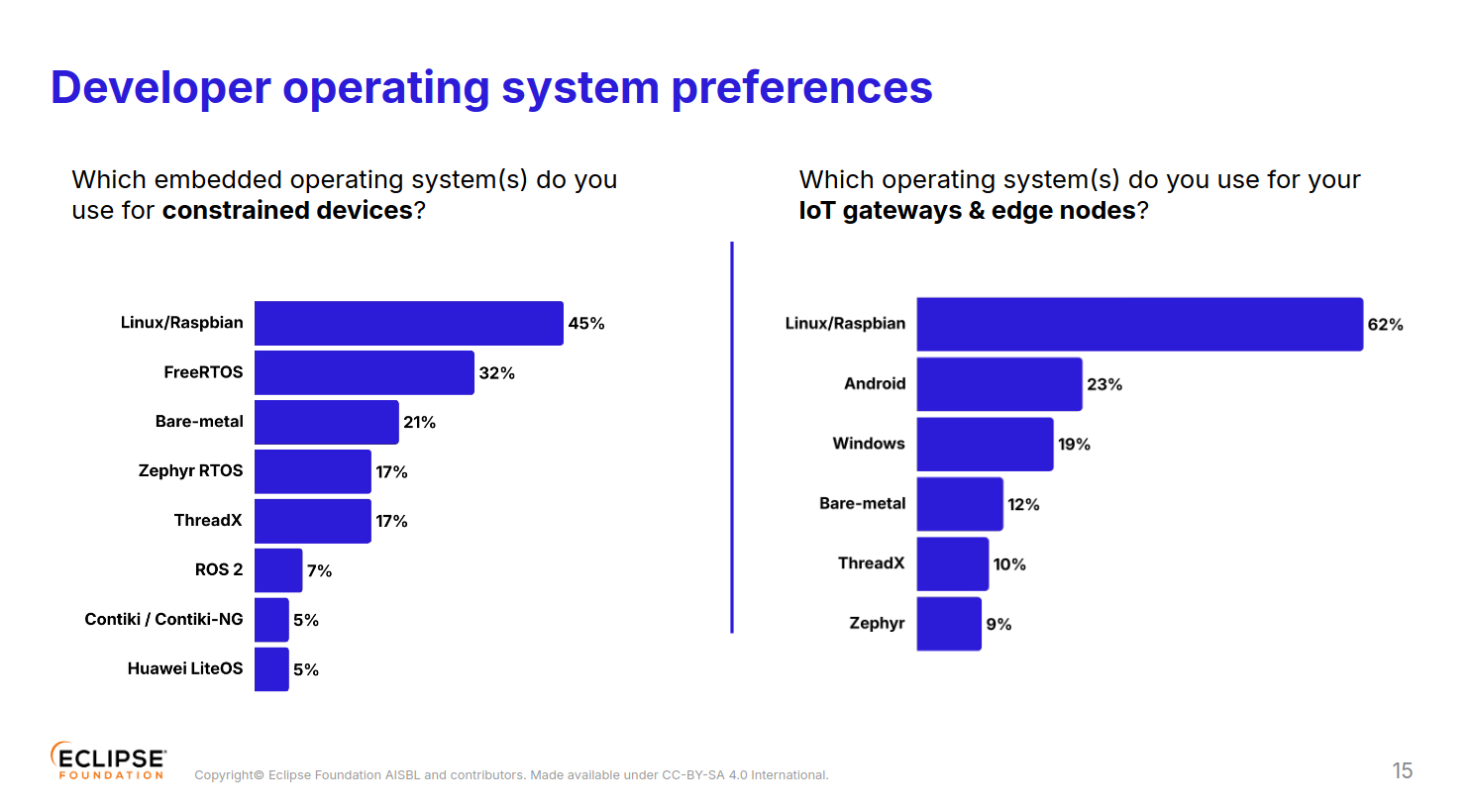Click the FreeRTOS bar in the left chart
tap(364, 372)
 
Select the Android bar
tap(998, 384)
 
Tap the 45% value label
tap(585, 324)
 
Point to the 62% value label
tap(1385, 325)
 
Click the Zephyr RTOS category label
tap(190, 470)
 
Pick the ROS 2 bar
tap(278, 570)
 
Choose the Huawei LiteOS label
tap(185, 668)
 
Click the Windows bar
tap(985, 445)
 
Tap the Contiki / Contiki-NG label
tap(163, 619)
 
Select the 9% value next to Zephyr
tap(998, 625)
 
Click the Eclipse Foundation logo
tap(108, 761)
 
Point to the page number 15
tap(1402, 770)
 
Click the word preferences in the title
tap(801, 87)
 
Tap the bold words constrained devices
tap(287, 211)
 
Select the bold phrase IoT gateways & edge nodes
tap(967, 211)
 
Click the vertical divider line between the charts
tap(732, 436)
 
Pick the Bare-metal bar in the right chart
tap(959, 504)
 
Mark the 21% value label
tap(419, 423)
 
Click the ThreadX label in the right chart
tap(871, 563)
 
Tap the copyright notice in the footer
tap(511, 775)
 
